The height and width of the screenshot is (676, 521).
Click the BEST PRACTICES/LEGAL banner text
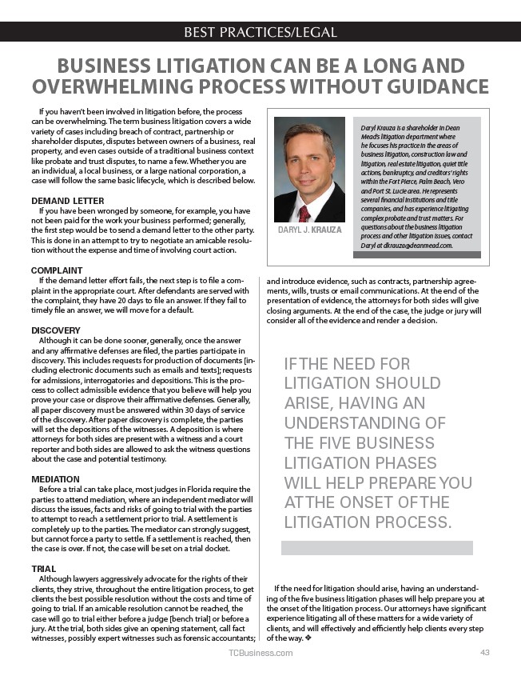(260, 32)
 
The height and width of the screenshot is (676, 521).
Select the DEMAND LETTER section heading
(67, 200)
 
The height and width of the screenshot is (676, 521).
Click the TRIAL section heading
(44, 569)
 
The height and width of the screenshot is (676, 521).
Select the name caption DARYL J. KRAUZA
(309, 230)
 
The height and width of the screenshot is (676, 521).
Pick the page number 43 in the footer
(484, 653)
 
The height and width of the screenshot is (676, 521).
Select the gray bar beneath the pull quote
(376, 547)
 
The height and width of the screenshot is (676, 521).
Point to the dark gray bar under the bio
(416, 255)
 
